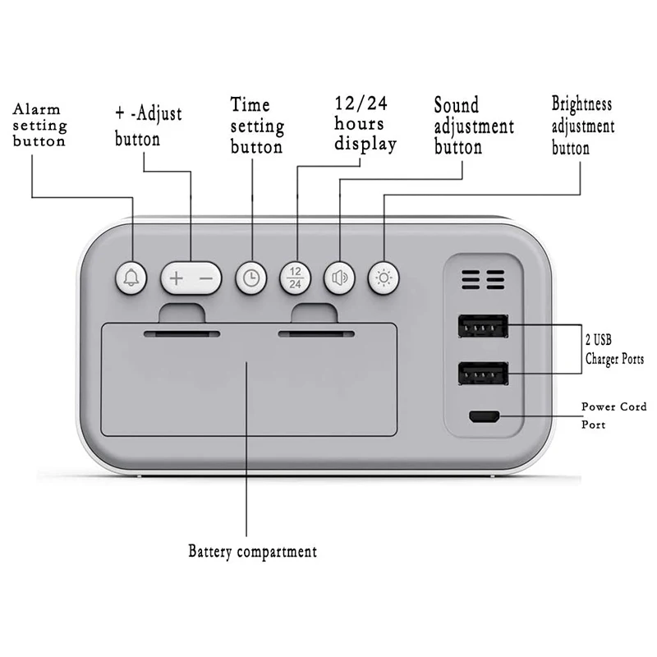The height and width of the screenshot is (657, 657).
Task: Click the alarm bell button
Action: [131, 278]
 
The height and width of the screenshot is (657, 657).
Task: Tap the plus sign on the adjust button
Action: [176, 278]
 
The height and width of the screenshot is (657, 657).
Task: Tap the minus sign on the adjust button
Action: [206, 278]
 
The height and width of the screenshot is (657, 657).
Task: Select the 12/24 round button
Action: [295, 278]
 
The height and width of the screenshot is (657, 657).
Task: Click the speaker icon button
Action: [339, 278]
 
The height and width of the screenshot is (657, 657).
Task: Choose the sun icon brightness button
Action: [384, 278]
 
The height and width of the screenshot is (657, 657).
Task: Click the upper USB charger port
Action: [483, 328]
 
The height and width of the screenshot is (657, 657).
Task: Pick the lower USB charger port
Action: [483, 374]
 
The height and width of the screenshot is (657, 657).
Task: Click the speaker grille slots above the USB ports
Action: [483, 282]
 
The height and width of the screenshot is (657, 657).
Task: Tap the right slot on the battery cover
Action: [316, 334]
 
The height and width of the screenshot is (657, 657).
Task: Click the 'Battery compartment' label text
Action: [252, 551]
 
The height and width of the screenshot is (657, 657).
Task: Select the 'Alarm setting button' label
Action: [39, 126]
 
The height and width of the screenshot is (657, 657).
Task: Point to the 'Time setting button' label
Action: [257, 126]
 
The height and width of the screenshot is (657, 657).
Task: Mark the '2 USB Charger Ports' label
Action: [614, 349]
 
